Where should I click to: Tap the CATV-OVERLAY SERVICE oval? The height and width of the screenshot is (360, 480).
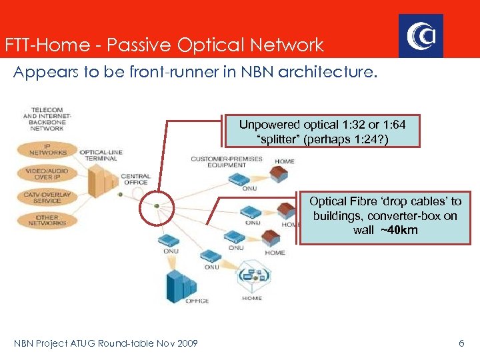(47, 197)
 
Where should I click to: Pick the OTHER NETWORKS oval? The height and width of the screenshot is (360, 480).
(47, 220)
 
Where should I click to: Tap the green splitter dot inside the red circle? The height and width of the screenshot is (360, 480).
(156, 206)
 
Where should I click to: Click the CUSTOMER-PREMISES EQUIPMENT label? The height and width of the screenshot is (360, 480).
(227, 162)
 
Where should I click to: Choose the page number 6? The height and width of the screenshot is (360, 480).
(461, 343)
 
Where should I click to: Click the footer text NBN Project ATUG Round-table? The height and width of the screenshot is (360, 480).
(106, 343)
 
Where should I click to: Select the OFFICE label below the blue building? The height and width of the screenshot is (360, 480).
(197, 301)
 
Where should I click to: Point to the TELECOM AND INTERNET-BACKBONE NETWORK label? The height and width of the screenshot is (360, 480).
(46, 118)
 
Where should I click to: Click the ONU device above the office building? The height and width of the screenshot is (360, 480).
(167, 241)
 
